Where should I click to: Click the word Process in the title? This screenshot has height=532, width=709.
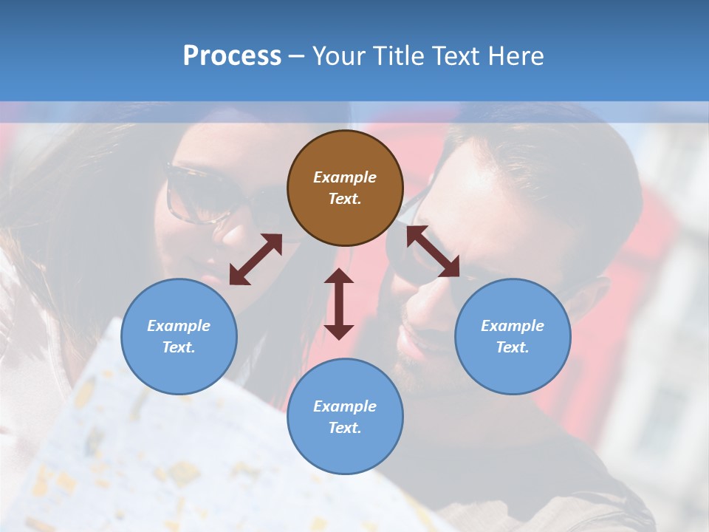[232, 56]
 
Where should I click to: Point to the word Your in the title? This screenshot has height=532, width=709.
[338, 56]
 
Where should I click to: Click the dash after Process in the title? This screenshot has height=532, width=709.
[296, 57]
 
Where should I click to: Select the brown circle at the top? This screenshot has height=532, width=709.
[345, 188]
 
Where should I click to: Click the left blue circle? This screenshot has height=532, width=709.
[179, 336]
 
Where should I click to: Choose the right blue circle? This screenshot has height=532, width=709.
[513, 336]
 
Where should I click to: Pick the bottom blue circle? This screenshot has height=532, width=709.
[345, 417]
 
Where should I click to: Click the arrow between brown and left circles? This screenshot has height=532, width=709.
[256, 259]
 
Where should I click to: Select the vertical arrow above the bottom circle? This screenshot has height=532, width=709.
[339, 304]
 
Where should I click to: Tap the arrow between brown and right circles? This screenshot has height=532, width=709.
[433, 252]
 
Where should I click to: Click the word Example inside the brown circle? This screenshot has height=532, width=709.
[345, 177]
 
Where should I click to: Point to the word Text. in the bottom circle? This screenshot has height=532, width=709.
[345, 428]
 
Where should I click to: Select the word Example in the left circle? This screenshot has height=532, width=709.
[179, 326]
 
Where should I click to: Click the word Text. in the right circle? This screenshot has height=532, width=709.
[513, 347]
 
